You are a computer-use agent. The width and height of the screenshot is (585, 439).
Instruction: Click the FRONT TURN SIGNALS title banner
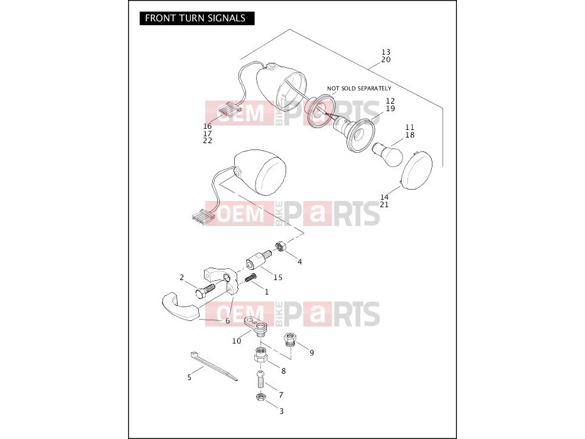coord(197,18)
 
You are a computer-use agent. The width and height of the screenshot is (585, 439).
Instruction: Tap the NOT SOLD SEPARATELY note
coord(359,89)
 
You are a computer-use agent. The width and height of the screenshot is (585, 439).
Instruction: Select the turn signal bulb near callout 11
coord(388,154)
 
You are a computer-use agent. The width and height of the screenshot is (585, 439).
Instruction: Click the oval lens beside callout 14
coord(416,171)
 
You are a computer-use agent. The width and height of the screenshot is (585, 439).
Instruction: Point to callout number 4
coord(299,262)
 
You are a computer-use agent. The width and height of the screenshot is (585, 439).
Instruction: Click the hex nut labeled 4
coord(280,246)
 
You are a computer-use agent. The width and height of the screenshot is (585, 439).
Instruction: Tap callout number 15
coord(278,278)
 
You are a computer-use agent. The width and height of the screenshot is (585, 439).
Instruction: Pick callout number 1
coord(266,291)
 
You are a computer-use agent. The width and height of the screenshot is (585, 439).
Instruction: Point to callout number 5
coord(189,377)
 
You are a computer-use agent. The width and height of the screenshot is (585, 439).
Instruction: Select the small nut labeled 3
coord(260,397)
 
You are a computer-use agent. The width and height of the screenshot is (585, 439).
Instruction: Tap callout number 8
coord(284,371)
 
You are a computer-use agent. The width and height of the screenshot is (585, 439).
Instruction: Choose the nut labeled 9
coord(290,339)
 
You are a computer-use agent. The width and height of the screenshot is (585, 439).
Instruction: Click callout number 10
coord(237,341)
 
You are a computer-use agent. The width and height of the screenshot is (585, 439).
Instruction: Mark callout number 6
coord(227,321)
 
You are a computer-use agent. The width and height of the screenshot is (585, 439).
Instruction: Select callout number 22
coord(207,140)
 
